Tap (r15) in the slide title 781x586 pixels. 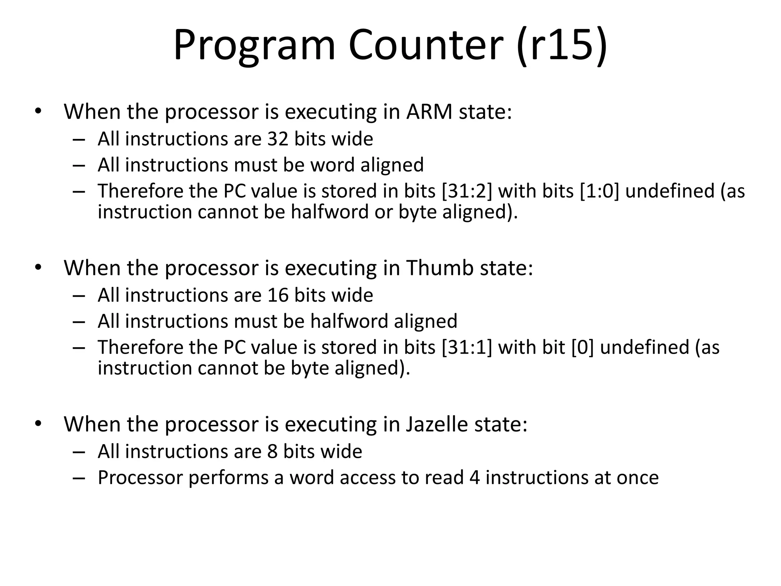(561, 46)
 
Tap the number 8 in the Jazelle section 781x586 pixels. (272, 452)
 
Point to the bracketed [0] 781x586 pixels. (583, 347)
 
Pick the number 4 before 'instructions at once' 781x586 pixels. (474, 478)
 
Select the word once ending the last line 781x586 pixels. (637, 478)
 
